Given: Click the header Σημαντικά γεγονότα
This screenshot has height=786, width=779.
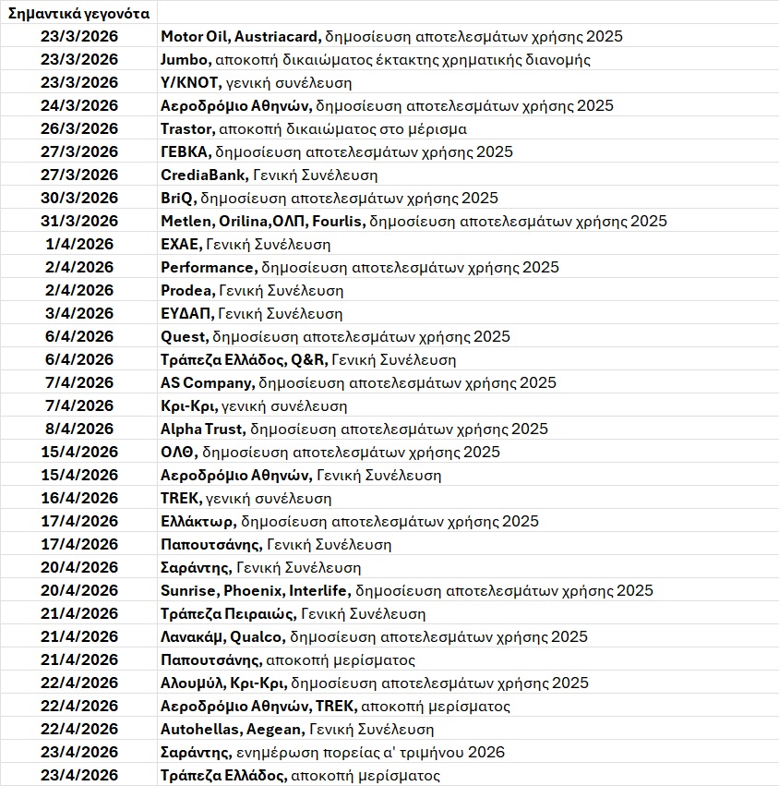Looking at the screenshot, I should [78, 13].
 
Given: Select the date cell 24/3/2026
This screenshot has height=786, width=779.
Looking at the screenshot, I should [79, 105].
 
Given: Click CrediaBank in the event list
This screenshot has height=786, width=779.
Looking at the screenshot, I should [203, 175].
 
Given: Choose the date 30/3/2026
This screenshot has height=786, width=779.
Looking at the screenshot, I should [79, 198].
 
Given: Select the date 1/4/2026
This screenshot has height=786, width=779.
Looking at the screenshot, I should [79, 244].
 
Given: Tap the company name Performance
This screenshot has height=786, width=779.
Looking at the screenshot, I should [207, 267].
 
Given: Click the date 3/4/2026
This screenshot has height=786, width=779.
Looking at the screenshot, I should [79, 313].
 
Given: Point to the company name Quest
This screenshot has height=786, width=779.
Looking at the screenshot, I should [184, 336].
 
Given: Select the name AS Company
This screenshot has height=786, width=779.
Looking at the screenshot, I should [206, 382].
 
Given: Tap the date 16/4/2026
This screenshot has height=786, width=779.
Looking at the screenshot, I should [79, 498].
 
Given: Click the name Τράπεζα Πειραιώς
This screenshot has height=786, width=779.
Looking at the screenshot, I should [228, 613].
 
